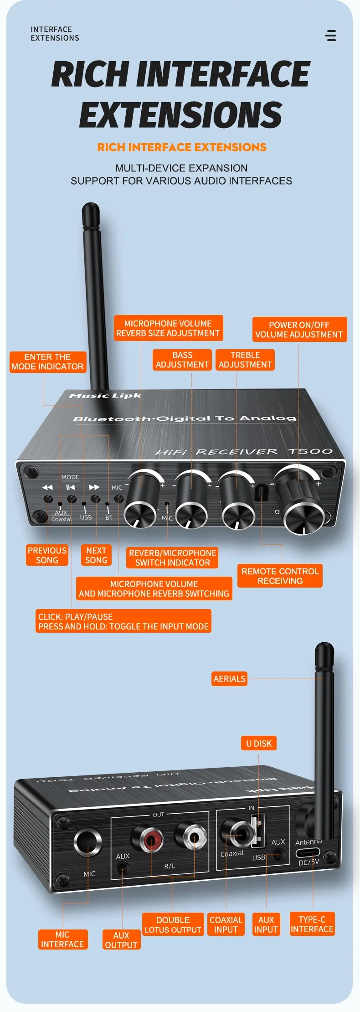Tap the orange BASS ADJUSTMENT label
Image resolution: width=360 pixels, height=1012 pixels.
[x=182, y=360]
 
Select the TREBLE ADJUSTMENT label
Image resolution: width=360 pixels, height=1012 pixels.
[x=245, y=360]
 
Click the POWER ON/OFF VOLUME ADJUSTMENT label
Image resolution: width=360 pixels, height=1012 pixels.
[x=299, y=330]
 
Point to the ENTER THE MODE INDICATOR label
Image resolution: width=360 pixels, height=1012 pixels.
[x=47, y=361]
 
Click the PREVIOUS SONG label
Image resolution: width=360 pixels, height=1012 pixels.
[x=47, y=555]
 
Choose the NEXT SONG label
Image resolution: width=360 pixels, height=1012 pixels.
[x=96, y=555]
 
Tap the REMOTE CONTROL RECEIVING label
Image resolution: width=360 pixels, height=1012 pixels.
[x=280, y=576]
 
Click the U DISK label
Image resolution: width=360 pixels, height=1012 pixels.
[x=259, y=744]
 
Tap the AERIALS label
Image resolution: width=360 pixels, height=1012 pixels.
[x=230, y=679]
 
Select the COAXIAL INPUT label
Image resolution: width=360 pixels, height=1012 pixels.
[x=226, y=924]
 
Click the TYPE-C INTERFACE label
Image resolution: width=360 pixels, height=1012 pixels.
[x=312, y=924]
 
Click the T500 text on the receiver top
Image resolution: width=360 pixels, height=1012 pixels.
[x=310, y=451]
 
